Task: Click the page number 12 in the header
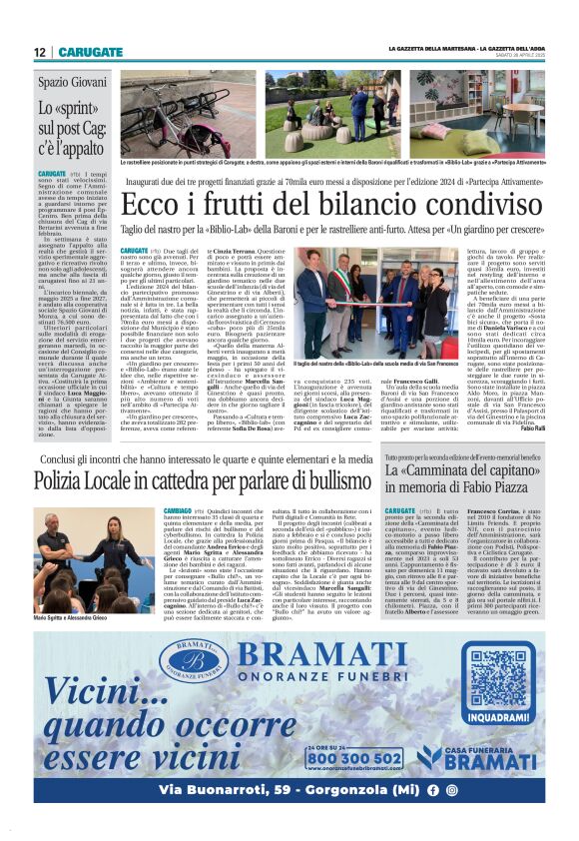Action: pyautogui.click(x=40, y=52)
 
